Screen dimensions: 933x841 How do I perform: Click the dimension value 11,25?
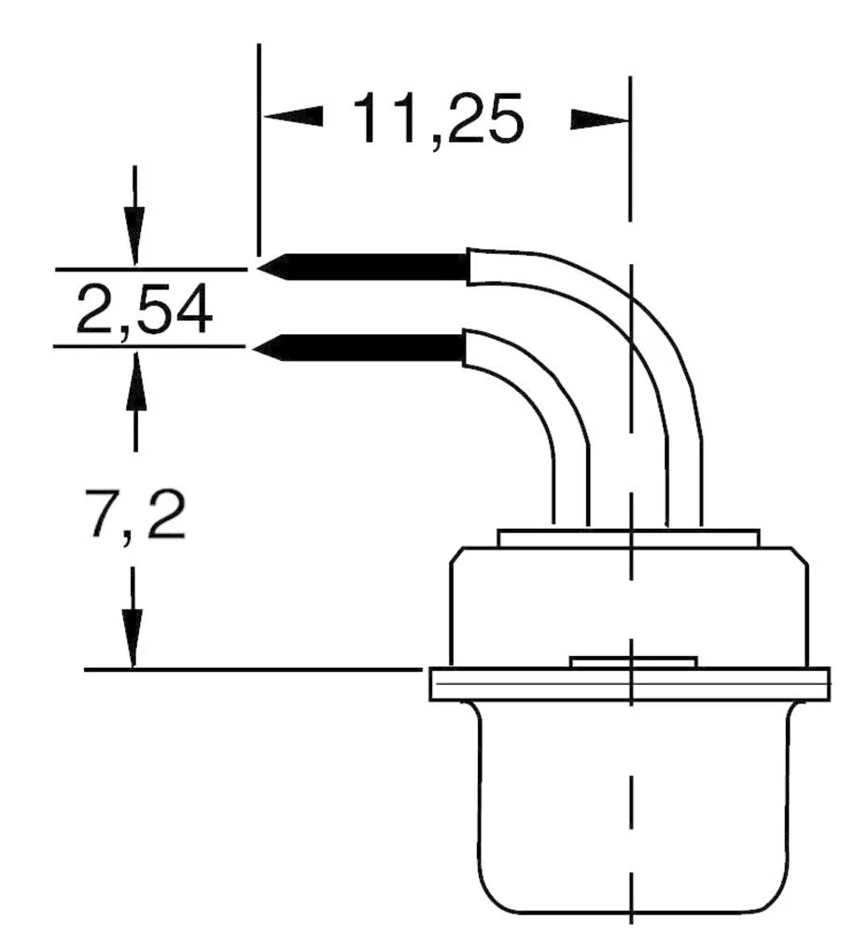pyautogui.click(x=437, y=120)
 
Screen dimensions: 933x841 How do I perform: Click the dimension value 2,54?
pyautogui.click(x=144, y=312)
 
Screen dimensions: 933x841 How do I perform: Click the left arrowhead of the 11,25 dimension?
pyautogui.click(x=292, y=118)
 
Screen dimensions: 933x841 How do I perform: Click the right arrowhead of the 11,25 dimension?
pyautogui.click(x=597, y=119)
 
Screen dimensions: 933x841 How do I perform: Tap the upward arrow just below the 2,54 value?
pyautogui.click(x=136, y=378)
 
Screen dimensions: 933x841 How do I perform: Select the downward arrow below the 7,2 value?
pyautogui.click(x=133, y=634)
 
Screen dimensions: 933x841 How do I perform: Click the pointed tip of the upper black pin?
pyautogui.click(x=262, y=269)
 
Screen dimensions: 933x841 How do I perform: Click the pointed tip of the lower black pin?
pyautogui.click(x=259, y=349)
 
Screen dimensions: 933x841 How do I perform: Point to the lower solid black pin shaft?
pyautogui.click(x=373, y=348)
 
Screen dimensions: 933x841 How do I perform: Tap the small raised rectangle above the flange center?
pyautogui.click(x=633, y=662)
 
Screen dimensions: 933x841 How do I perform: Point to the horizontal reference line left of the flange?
pyautogui.click(x=252, y=669)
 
